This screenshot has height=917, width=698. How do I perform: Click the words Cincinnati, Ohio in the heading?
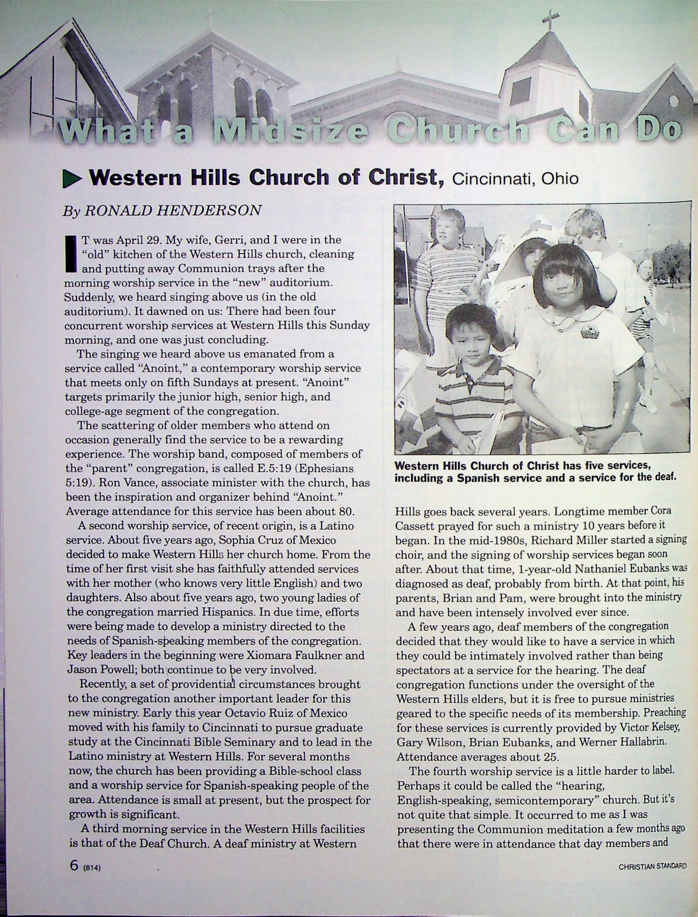pyautogui.click(x=515, y=179)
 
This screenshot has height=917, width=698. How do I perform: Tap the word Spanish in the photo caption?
pyautogui.click(x=478, y=478)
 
